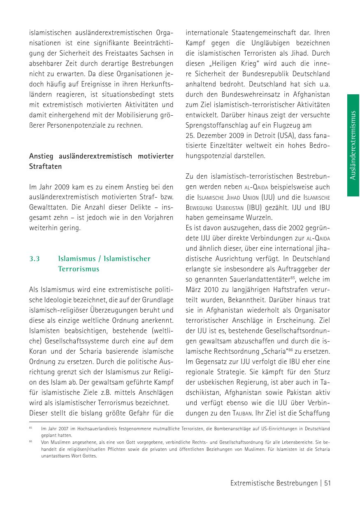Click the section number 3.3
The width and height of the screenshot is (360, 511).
(x=34, y=259)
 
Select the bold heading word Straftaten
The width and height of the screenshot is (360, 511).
(x=45, y=167)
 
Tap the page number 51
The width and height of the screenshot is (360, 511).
(x=327, y=483)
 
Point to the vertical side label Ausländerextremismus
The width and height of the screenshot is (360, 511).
(x=353, y=145)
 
